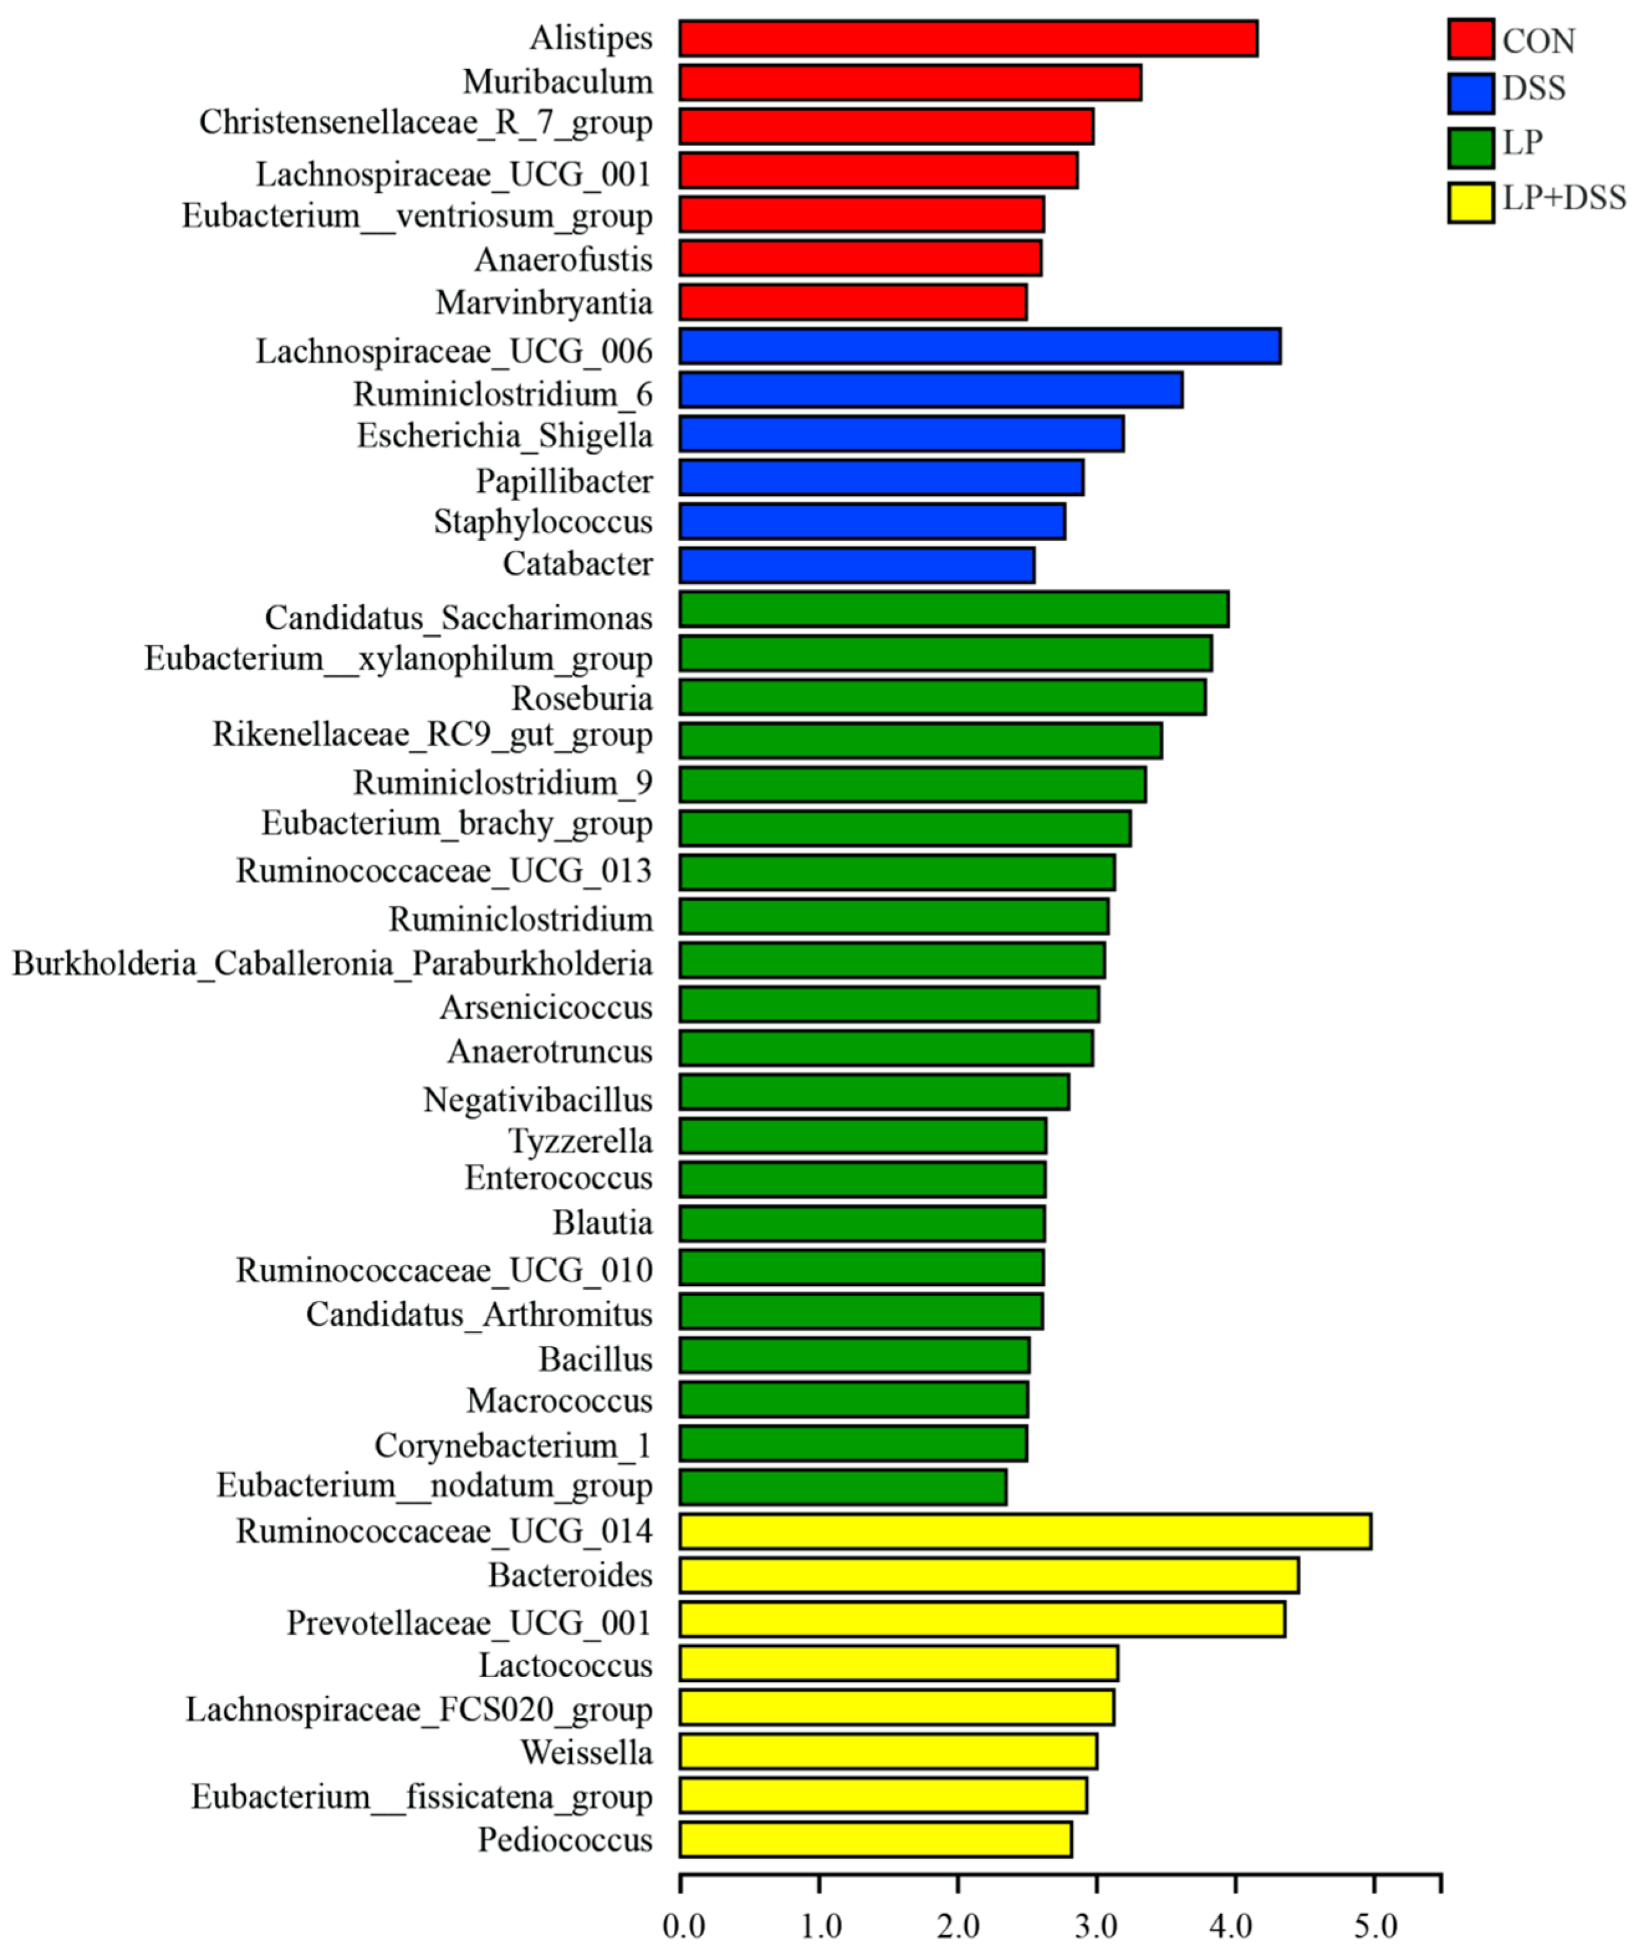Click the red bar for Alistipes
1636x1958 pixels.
[968, 39]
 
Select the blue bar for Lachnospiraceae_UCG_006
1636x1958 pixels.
[979, 346]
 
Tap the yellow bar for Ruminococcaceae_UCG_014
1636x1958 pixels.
[1024, 1532]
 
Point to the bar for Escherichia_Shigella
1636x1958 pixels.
[901, 434]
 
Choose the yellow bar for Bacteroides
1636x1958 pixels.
[988, 1576]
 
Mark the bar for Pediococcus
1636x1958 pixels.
[875, 1840]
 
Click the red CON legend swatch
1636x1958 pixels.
[1470, 39]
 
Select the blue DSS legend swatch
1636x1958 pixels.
[1470, 92]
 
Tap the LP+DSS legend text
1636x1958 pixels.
[1563, 198]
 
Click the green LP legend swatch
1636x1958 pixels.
[1470, 147]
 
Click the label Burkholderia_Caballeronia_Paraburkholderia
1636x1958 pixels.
[332, 963]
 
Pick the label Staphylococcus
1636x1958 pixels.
[543, 521]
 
